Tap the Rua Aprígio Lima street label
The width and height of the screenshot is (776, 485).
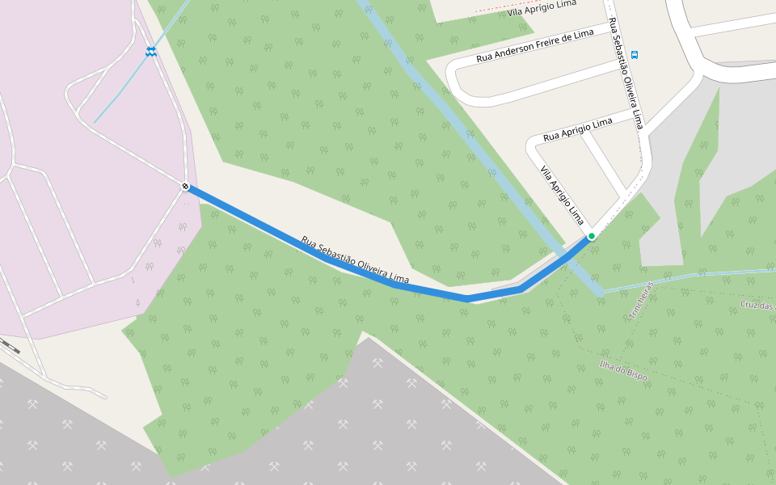[x=578, y=129]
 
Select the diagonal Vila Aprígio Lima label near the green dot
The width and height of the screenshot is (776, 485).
[x=562, y=195]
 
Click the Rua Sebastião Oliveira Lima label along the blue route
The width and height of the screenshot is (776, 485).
[x=355, y=260]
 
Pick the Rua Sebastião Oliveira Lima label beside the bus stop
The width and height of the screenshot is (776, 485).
[x=626, y=73]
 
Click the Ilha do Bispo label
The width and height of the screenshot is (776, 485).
[x=623, y=370]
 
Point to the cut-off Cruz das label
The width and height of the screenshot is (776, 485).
[x=757, y=306]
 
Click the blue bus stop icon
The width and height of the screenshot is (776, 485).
[x=635, y=55]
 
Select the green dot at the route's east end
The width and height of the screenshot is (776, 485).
[x=592, y=236]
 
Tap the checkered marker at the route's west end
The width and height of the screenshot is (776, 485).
[x=185, y=187]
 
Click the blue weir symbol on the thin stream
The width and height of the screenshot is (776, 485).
[x=151, y=51]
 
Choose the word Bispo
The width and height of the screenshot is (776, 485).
[x=635, y=376]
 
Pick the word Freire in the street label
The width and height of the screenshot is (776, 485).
[x=555, y=43]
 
